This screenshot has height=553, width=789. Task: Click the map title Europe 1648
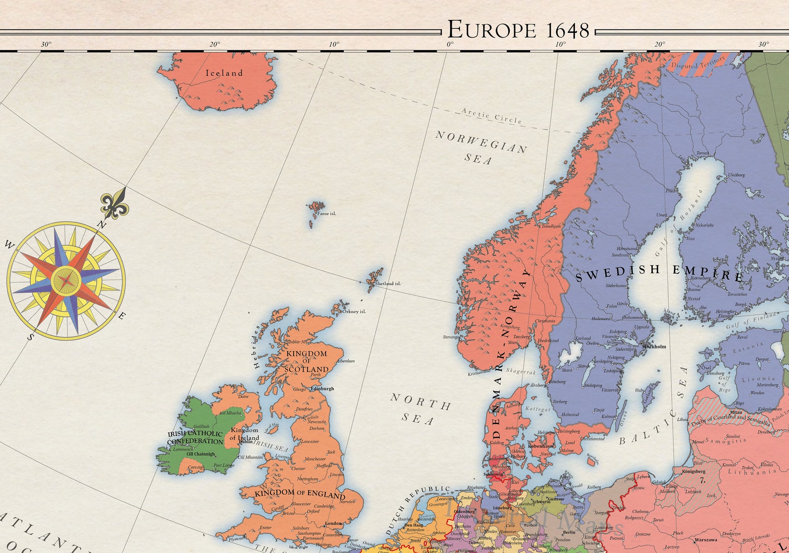[518, 30]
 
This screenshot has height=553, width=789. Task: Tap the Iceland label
[225, 73]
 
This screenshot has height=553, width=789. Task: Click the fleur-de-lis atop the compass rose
[115, 205]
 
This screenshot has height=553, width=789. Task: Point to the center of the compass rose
[66, 281]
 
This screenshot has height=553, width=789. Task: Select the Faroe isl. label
[326, 214]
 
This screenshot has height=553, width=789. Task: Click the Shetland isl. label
[388, 284]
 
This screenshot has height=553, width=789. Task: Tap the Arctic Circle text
[492, 116]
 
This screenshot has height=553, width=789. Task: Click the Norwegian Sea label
[480, 147]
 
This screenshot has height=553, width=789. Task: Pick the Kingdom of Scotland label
[307, 361]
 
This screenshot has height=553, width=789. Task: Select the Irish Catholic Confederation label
[195, 437]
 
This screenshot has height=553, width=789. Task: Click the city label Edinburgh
[322, 389]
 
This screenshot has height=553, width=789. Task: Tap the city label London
[333, 523]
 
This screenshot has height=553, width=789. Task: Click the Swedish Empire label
[659, 273]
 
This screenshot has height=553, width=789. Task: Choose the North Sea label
[420, 408]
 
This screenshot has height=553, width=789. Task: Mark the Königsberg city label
[694, 471]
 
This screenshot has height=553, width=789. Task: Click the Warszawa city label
[705, 540]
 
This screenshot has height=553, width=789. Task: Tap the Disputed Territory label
[698, 65]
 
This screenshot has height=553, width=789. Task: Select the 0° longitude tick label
[450, 44]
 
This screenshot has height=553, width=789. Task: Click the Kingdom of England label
[300, 493]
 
